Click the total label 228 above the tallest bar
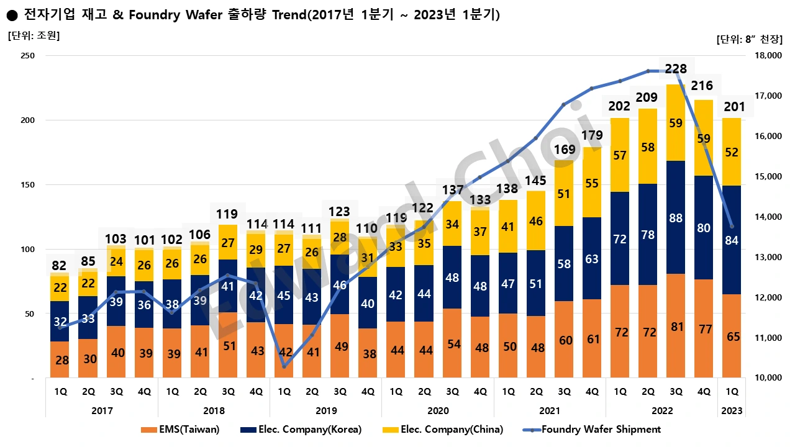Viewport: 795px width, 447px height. [676, 68]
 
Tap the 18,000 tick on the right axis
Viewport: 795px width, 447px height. [767, 56]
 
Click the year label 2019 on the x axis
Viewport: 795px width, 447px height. [326, 411]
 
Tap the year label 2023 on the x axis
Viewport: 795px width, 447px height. [732, 411]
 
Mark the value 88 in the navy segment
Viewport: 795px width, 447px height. [676, 219]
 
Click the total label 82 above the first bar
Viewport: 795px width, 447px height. [60, 266]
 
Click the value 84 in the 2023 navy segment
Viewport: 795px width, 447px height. [732, 240]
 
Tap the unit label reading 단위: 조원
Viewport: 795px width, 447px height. [34, 35]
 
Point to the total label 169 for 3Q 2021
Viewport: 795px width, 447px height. [564, 149]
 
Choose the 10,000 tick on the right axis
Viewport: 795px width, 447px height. [767, 378]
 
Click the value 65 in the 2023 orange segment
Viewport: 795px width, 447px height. [732, 336]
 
